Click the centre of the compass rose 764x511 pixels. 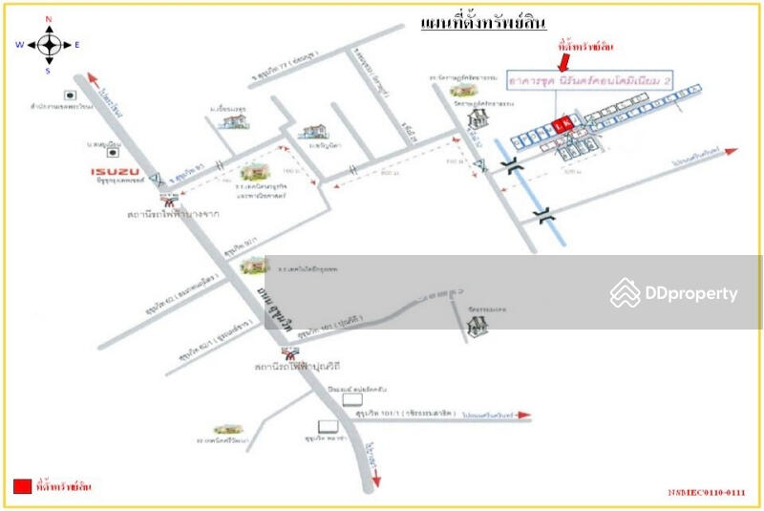(x=49, y=44)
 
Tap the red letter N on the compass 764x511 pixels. (x=49, y=19)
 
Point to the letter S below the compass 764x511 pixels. (x=49, y=70)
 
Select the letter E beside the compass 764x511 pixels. (x=77, y=44)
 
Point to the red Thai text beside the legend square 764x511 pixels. (x=64, y=487)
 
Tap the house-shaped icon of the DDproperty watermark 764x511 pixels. (x=626, y=293)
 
